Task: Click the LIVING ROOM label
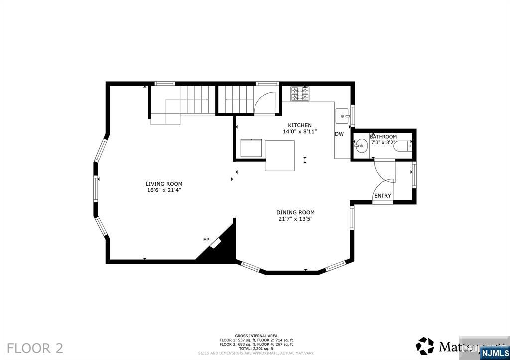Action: click(164, 184)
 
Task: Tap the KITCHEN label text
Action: click(300, 125)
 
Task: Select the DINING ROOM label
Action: click(296, 212)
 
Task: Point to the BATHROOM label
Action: click(383, 137)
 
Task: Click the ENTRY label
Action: click(382, 196)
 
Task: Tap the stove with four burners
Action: click(300, 94)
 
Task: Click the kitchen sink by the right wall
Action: click(343, 117)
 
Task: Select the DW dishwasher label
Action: click(339, 134)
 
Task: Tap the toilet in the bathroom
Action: click(403, 146)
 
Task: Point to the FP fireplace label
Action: click(206, 240)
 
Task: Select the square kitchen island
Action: click(279, 156)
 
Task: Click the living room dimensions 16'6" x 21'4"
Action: click(164, 190)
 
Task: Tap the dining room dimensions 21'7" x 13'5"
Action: click(296, 219)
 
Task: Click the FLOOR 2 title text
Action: click(35, 348)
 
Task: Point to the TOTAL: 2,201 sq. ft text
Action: click(256, 348)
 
